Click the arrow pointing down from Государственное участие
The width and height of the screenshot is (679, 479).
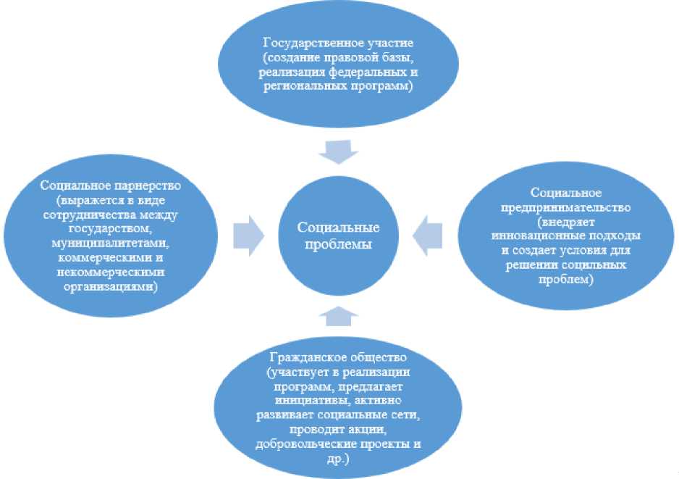(339, 152)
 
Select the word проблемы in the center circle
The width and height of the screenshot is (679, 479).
(339, 244)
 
